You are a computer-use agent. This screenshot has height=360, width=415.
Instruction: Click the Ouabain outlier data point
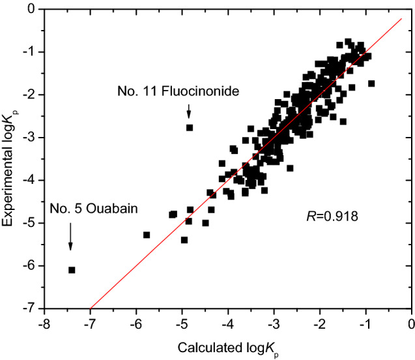tap(72, 269)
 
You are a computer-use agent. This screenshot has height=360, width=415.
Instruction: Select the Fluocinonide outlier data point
tap(190, 127)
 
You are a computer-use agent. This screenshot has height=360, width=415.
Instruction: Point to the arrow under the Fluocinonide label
tap(189, 109)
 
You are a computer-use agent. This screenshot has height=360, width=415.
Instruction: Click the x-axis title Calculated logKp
tap(227, 346)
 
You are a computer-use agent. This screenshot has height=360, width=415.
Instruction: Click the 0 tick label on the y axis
tap(30, 9)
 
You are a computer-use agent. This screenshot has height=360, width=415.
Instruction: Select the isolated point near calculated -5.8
tap(147, 235)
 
